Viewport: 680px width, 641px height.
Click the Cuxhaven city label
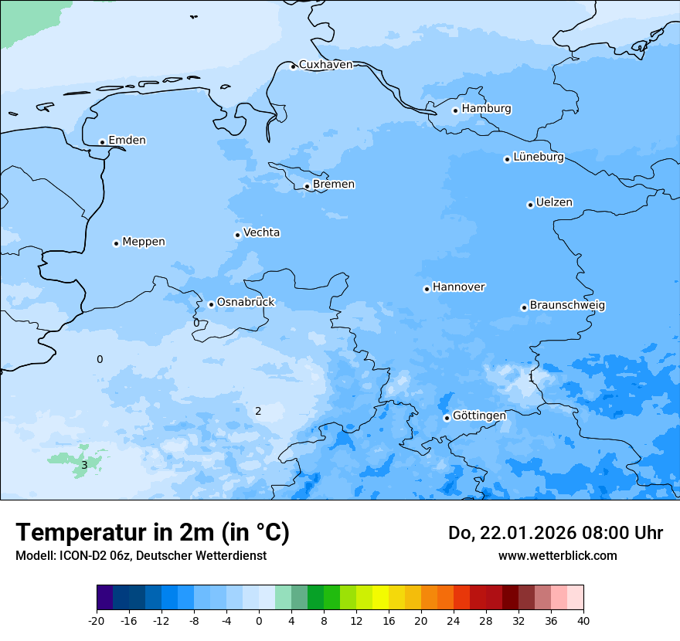click(325, 65)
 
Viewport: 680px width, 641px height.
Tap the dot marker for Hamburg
click(455, 110)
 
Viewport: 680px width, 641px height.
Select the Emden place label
click(127, 141)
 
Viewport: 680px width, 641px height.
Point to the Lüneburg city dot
click(507, 159)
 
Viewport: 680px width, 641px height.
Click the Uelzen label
click(554, 202)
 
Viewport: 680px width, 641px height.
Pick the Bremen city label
click(334, 185)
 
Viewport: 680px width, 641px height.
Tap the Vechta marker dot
click(237, 235)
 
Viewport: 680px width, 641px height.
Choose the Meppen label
click(144, 242)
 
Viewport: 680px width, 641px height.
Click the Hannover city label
click(458, 287)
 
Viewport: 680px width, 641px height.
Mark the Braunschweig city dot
click(524, 307)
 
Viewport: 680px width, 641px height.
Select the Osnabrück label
click(246, 303)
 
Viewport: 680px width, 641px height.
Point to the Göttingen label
click(479, 415)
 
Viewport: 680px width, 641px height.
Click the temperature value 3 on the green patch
click(84, 465)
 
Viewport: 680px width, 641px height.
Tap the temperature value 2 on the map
click(258, 411)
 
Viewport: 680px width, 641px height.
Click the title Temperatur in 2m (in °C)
click(152, 532)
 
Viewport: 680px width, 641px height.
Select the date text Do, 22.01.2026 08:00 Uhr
click(555, 533)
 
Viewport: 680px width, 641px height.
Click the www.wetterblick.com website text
click(557, 555)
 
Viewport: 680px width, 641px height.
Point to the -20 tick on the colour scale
click(97, 620)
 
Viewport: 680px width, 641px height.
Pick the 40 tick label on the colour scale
click(583, 620)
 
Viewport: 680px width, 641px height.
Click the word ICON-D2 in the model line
click(80, 555)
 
